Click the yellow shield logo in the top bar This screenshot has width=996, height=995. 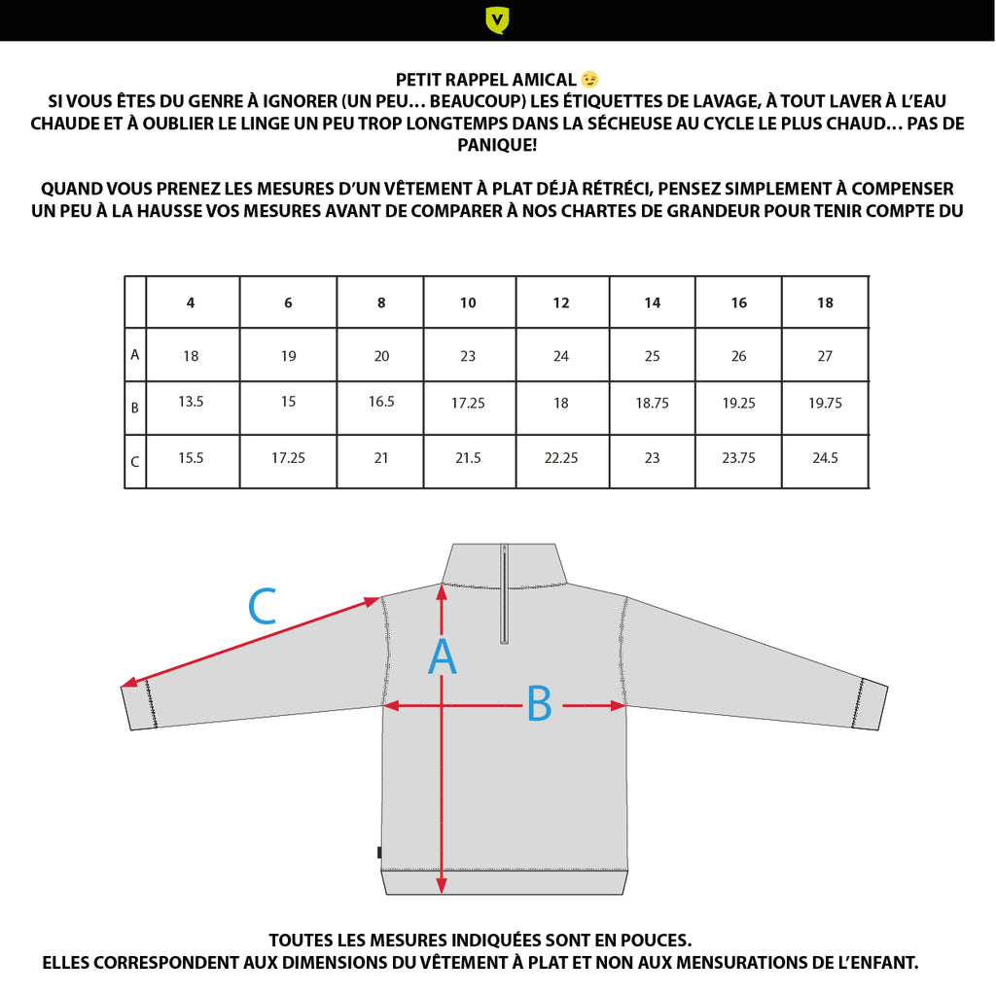(x=497, y=19)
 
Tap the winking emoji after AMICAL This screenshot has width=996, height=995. (x=589, y=79)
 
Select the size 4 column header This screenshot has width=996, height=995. (x=191, y=302)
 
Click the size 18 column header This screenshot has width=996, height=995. (x=825, y=302)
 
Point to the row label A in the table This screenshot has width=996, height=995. (x=135, y=355)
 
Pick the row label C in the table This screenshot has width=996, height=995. (x=135, y=462)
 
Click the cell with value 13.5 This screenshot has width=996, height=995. (x=191, y=401)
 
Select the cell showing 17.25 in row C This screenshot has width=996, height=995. (x=288, y=457)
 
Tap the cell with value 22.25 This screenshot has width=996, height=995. (x=561, y=457)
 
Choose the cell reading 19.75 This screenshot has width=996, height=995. (x=825, y=403)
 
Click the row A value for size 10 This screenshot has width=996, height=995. (x=468, y=356)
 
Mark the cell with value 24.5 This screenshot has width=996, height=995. (x=825, y=457)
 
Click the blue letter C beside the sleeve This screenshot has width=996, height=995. (x=263, y=608)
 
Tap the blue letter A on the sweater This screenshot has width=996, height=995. (x=443, y=657)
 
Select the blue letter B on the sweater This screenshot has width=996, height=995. (x=539, y=704)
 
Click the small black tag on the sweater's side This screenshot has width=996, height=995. (x=379, y=853)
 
